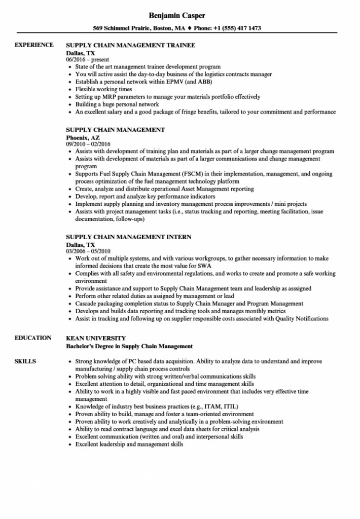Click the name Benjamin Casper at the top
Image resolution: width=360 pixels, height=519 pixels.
click(x=180, y=14)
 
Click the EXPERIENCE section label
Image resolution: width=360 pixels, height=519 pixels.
click(x=34, y=45)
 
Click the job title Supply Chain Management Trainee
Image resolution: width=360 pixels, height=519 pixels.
click(x=130, y=45)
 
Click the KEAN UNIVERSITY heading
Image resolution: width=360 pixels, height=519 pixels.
click(x=96, y=338)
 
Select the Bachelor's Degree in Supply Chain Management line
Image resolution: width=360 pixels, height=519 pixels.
click(x=129, y=346)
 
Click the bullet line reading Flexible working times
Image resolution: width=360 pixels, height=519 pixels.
click(x=103, y=89)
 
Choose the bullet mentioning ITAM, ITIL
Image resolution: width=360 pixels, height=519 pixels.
click(x=157, y=406)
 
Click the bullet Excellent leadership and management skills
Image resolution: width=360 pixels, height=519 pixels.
click(x=129, y=444)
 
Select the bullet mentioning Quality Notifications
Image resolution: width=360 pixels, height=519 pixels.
click(x=202, y=319)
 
